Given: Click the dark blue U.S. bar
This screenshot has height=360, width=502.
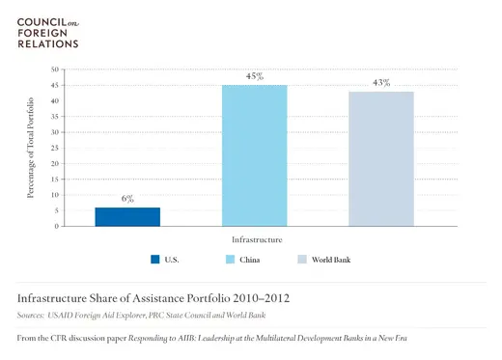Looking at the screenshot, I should (x=126, y=216).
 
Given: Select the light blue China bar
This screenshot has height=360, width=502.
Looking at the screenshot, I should (x=254, y=155).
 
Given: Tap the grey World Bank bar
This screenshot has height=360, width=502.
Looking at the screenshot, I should (x=381, y=158).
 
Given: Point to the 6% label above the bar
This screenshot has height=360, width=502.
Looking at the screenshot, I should (x=127, y=198).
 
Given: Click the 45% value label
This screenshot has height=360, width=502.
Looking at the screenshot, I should (x=255, y=76).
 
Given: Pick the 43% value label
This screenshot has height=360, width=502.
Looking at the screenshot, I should (x=382, y=83).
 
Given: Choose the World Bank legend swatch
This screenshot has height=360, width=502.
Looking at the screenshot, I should (x=303, y=260).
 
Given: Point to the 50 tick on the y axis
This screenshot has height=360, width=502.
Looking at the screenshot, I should (x=55, y=69).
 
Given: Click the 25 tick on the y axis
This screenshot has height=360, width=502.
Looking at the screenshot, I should (x=55, y=148).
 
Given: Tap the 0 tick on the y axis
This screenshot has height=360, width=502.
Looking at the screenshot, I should (x=58, y=226).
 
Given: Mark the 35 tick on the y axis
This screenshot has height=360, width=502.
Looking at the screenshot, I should (x=55, y=117).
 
